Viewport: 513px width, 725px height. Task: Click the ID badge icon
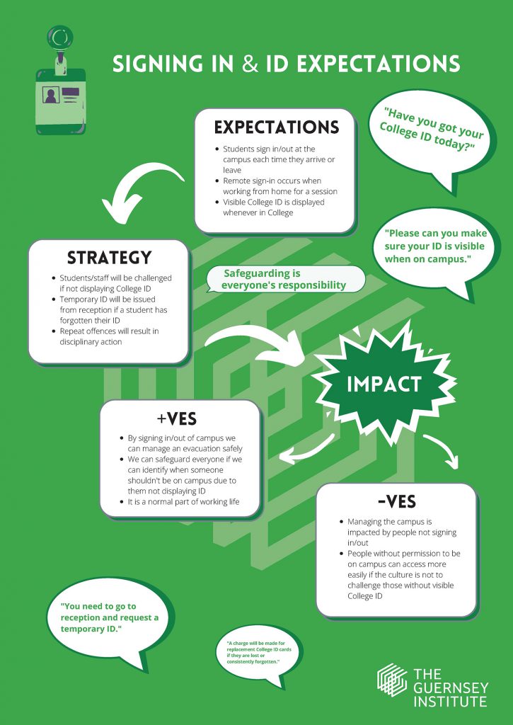[x=61, y=81]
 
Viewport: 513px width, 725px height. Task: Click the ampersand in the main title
[x=250, y=64]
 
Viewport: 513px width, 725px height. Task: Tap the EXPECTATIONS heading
[x=277, y=127]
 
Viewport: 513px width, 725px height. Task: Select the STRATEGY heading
[x=110, y=258]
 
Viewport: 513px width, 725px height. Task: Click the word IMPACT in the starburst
[x=384, y=384]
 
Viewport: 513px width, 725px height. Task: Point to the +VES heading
[x=177, y=419]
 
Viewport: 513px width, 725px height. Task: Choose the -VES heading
[x=396, y=501]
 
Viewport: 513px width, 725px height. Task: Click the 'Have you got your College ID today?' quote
[x=431, y=129]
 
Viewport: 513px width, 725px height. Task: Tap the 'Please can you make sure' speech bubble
[x=435, y=252]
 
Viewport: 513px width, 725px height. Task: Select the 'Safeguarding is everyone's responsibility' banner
[x=285, y=279]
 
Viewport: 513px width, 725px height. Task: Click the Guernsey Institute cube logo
[x=391, y=680]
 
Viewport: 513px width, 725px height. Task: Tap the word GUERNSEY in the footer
[x=451, y=687]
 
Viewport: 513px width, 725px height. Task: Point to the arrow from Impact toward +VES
[x=306, y=451]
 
